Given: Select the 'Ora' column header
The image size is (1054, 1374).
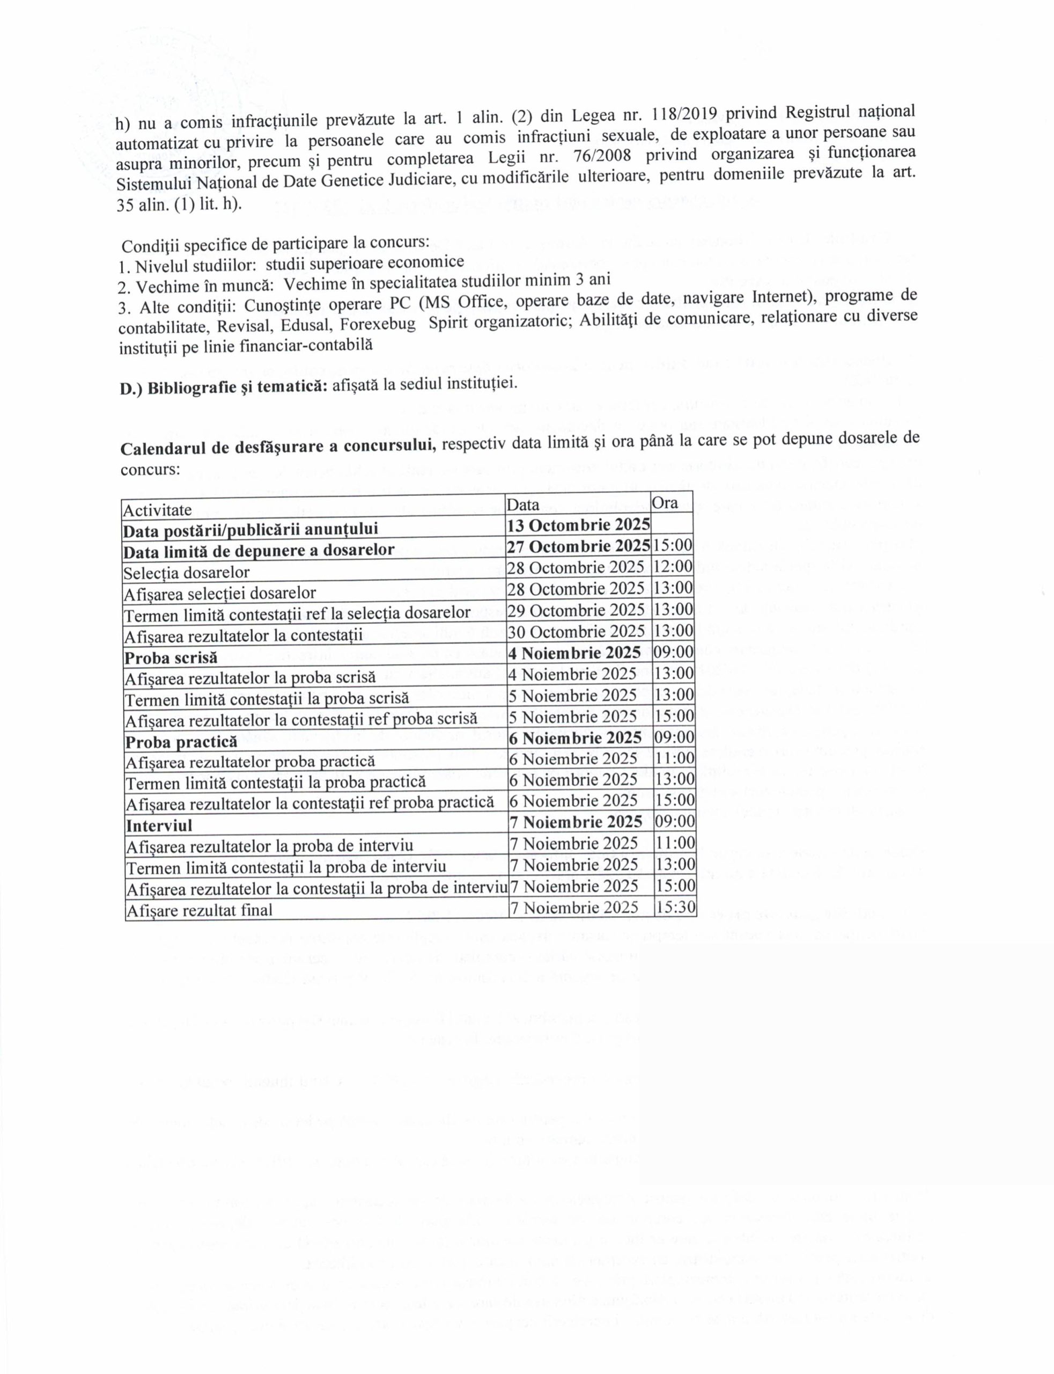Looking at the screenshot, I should (x=665, y=503).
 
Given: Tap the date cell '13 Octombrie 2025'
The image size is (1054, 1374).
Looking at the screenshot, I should (x=578, y=525).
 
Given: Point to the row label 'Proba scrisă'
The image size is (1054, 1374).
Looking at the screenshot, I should (x=171, y=658).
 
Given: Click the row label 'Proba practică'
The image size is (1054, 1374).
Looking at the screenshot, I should (x=181, y=742).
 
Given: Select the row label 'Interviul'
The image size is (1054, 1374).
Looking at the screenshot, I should (x=159, y=825).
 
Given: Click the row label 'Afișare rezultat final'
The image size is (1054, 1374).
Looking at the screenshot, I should (x=199, y=910).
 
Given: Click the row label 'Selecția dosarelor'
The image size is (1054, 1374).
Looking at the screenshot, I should (x=186, y=573).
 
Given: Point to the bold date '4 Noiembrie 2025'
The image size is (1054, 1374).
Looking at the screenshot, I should (x=574, y=653).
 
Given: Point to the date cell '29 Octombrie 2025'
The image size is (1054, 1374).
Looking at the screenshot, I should (x=576, y=610).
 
